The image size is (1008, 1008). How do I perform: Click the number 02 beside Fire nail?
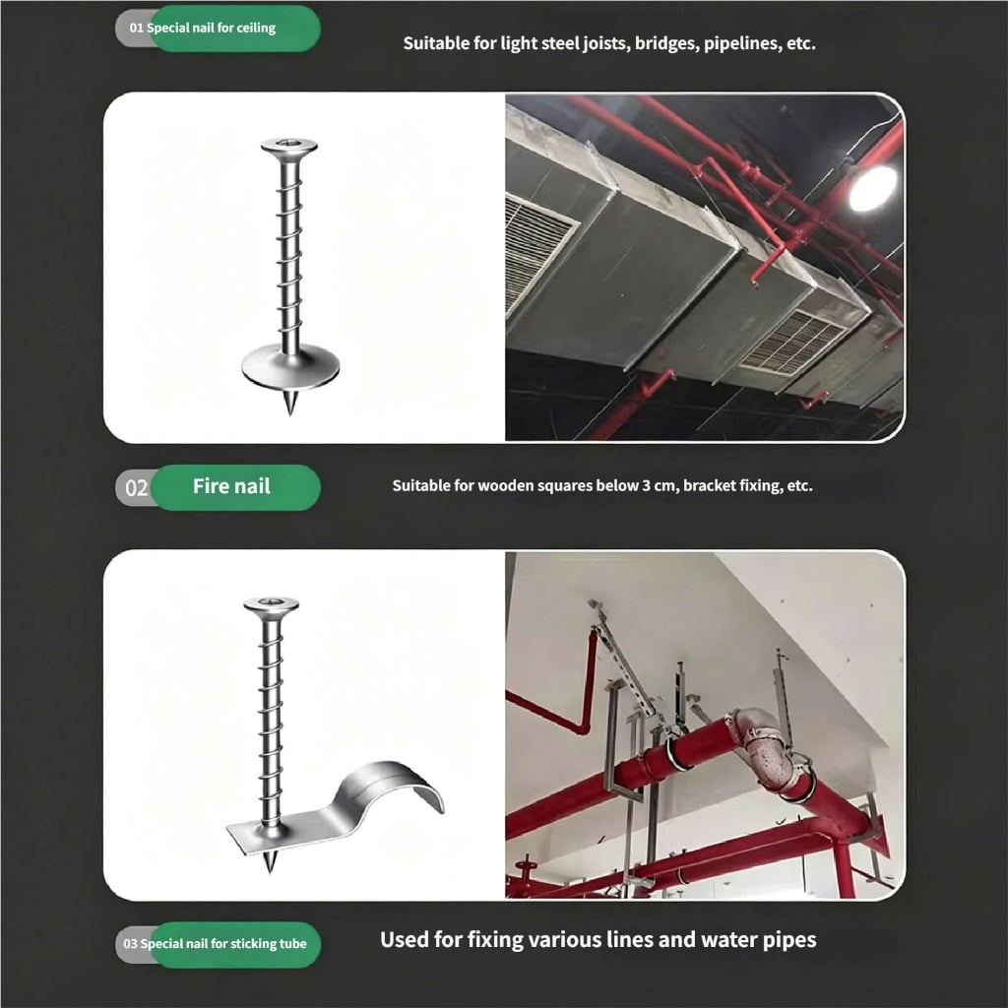click(136, 488)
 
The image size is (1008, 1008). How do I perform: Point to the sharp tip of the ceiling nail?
click(290, 413)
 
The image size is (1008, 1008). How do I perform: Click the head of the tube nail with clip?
click(272, 605)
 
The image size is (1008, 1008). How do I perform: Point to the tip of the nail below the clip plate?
click(270, 872)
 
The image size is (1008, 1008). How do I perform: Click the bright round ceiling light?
click(872, 188)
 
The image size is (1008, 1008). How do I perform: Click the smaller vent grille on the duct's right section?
click(792, 342)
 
